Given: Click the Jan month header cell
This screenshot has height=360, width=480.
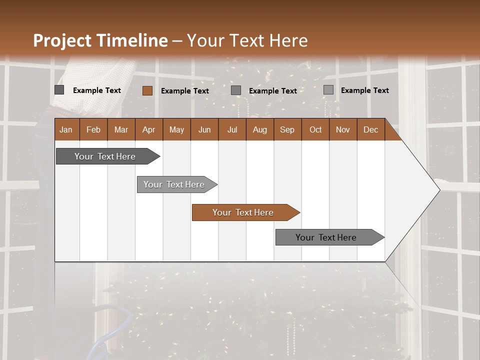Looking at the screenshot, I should coord(66,129).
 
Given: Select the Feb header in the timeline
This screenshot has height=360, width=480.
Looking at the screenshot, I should coord(93,129).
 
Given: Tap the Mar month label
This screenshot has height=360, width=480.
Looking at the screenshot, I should coord(121,129).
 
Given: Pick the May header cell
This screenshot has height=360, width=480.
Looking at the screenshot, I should coord(176,129).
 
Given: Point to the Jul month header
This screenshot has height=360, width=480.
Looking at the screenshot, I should coord(232,129).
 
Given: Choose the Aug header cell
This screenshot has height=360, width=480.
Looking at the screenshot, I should coord(259,129).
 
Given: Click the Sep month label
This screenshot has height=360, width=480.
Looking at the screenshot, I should coord(287,129).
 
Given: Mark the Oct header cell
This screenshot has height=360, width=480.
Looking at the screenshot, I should coord(315,129).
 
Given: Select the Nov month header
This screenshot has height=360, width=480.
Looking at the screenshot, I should coord(342,129).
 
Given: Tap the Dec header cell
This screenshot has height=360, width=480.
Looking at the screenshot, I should coord(370,129).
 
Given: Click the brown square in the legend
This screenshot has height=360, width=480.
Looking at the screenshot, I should coord(147,90).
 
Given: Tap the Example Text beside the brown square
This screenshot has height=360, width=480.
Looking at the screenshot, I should coord(184,91).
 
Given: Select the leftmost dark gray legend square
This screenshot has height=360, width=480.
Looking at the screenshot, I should coord(59,90).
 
